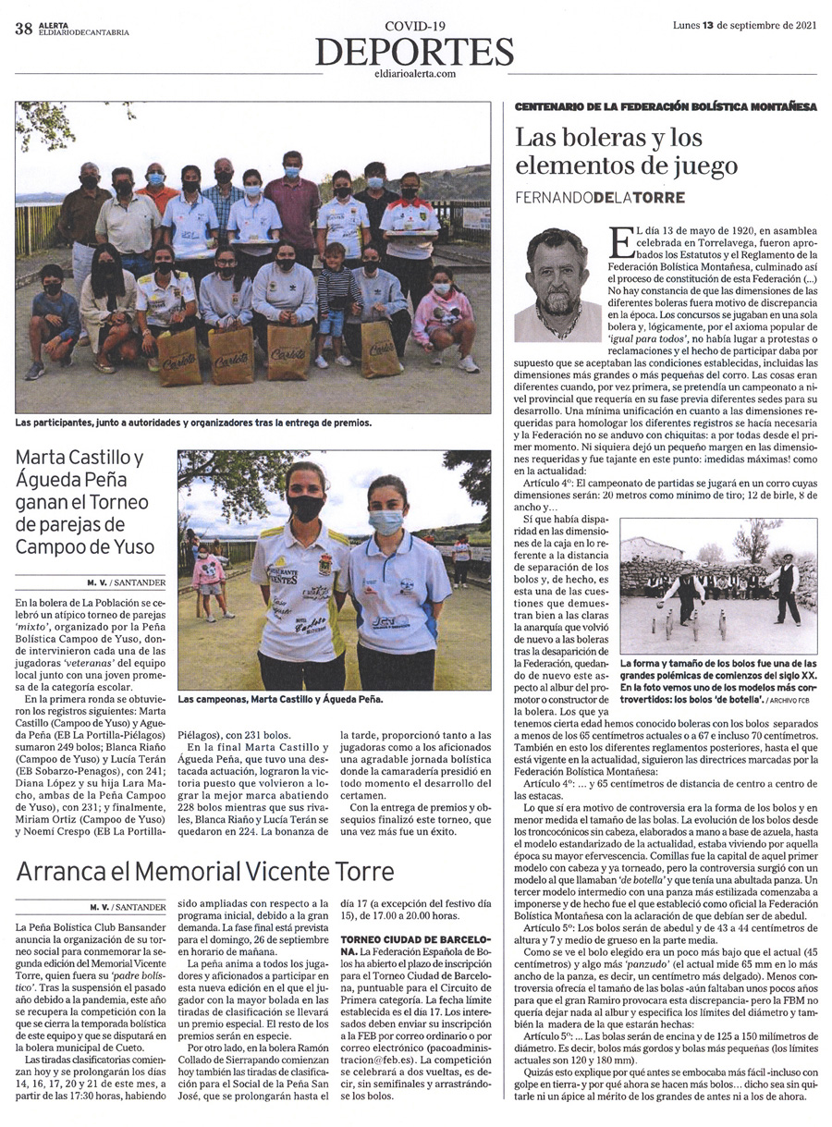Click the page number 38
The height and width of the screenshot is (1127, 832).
tap(23, 29)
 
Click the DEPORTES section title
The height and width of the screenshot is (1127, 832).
tap(415, 52)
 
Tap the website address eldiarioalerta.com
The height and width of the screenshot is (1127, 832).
tap(415, 73)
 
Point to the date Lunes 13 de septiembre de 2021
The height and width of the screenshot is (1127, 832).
tap(744, 25)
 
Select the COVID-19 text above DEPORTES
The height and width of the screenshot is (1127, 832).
tap(415, 27)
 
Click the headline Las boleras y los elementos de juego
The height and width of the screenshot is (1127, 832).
tap(627, 153)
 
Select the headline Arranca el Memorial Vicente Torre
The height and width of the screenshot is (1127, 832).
tap(205, 871)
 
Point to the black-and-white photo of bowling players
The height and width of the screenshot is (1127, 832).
tap(718, 586)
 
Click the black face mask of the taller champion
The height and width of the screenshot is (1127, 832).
tap(306, 508)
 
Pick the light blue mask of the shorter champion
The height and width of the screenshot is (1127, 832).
tap(385, 521)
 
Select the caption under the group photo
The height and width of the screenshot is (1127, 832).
tap(193, 423)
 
